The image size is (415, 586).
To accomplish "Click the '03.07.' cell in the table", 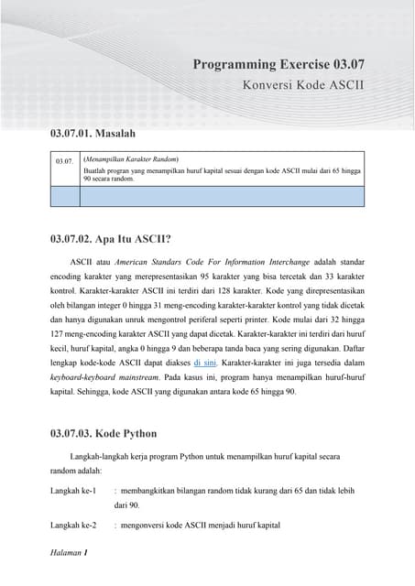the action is (x=64, y=161).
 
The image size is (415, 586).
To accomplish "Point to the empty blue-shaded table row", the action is (x=206, y=195).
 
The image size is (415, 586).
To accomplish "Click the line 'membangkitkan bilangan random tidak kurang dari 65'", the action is (x=220, y=491).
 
